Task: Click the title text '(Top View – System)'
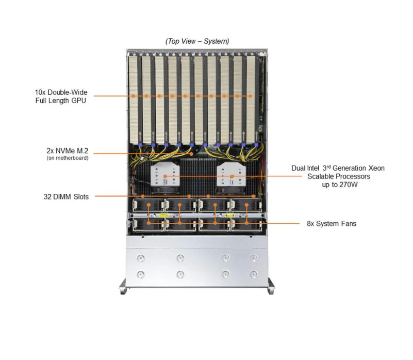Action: point(197,41)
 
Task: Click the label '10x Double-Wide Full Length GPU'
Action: point(57,96)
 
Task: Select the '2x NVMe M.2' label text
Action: point(67,151)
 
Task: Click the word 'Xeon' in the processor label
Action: point(374,168)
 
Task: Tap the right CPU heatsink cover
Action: point(231,177)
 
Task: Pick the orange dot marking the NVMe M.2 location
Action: point(191,153)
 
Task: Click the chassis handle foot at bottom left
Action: point(122,287)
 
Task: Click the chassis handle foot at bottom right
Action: point(271,287)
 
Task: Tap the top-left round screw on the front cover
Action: point(141,257)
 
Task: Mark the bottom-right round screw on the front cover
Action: point(253,274)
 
